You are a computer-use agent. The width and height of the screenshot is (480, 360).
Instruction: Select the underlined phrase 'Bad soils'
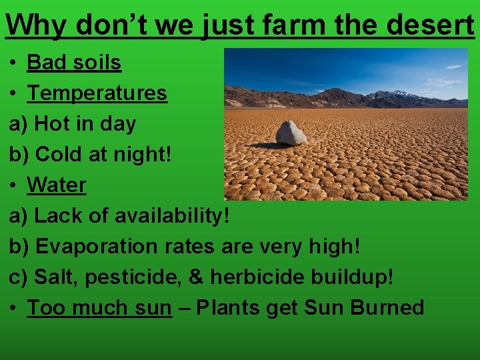pos(74,62)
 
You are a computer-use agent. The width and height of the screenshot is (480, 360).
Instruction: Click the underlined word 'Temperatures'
pos(97,93)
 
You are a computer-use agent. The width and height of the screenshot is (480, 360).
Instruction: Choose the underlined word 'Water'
pos(57,185)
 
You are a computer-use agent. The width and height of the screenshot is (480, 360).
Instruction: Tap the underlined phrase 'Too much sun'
pos(99,307)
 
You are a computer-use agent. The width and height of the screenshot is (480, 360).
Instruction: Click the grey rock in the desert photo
pos(291,133)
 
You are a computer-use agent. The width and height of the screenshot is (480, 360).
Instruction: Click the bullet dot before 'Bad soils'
pos(13,63)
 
